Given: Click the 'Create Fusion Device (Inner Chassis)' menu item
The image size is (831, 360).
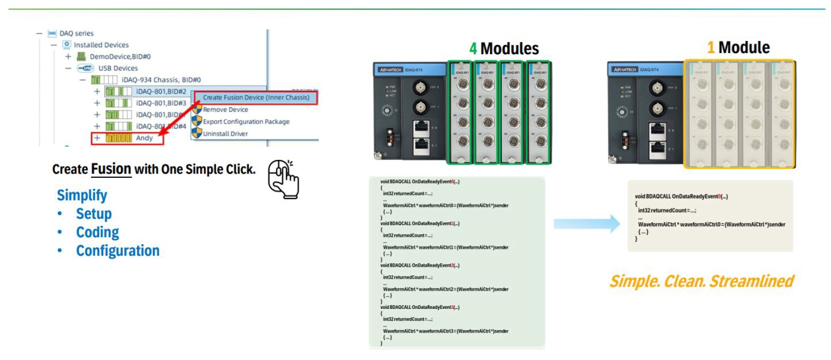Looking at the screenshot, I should click(256, 98).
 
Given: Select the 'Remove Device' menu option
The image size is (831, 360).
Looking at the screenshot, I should click(225, 110).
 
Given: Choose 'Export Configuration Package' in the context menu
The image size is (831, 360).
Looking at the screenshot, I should click(246, 122).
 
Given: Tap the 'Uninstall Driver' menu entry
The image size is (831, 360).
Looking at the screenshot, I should click(225, 134).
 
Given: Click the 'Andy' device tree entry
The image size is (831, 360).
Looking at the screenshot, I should click(144, 138).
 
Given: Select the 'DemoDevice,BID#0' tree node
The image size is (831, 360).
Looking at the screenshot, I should click(120, 57).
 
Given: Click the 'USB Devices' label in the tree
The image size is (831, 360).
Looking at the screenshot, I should click(118, 68).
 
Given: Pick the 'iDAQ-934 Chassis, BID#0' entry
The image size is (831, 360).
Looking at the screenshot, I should click(161, 80).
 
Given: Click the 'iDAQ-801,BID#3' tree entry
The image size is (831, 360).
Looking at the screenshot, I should click(161, 103).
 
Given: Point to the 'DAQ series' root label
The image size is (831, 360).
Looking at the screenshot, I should click(76, 33).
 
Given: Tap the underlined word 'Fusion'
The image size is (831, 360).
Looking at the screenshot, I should click(111, 169).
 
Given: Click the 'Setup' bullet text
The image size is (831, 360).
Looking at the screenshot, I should click(94, 214).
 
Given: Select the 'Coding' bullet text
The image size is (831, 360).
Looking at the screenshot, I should click(98, 232).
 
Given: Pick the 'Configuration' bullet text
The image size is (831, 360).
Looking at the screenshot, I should click(117, 251).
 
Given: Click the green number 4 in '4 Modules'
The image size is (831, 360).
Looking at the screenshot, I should click(473, 49).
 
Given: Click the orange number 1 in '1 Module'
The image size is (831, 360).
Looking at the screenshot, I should click(711, 48).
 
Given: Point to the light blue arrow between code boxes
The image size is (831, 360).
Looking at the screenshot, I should click(587, 224).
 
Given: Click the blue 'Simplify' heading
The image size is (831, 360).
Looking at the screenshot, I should click(82, 195).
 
